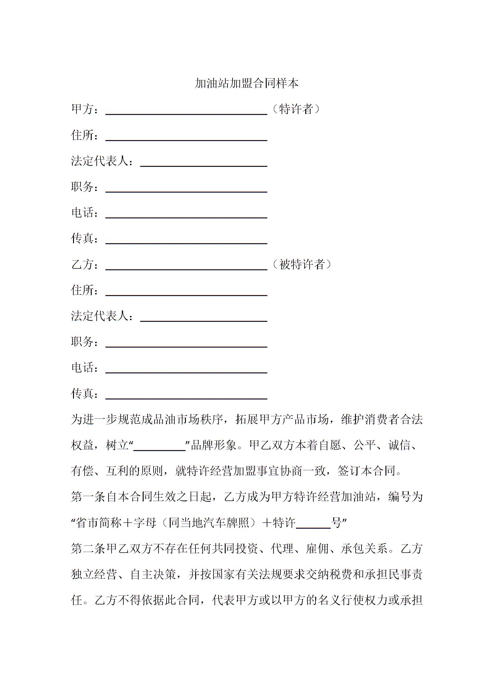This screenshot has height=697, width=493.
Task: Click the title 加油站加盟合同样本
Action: (x=246, y=83)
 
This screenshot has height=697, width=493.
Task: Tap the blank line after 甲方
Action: (x=186, y=112)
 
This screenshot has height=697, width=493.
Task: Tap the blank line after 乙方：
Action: (x=186, y=267)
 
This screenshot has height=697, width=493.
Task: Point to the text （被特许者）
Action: (x=302, y=264)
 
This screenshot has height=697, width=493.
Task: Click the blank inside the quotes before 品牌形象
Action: (x=159, y=446)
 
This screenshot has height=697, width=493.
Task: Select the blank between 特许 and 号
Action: (x=313, y=524)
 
